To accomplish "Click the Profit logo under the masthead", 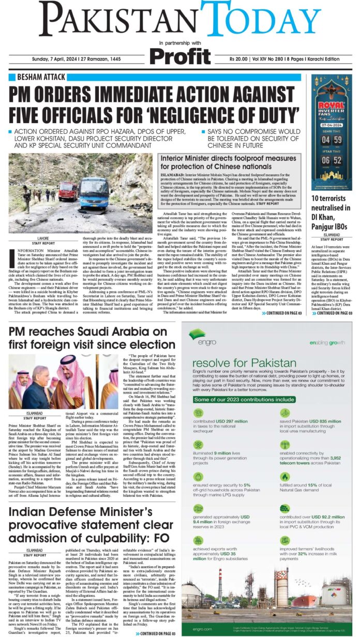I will [179, 55].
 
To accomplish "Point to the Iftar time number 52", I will [340, 161].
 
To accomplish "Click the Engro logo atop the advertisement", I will [198, 335].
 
